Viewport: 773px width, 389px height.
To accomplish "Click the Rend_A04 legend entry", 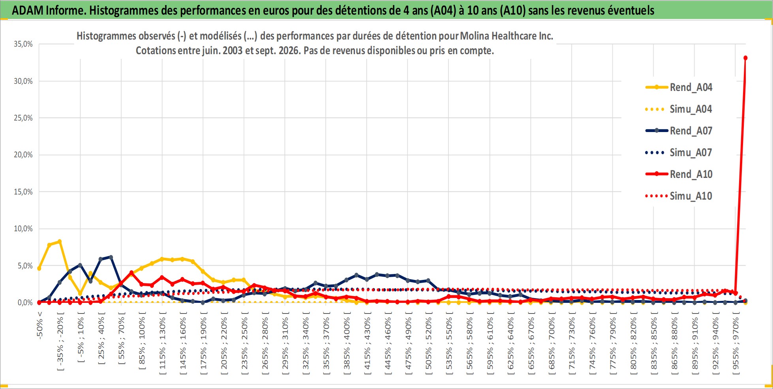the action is [x=679, y=87].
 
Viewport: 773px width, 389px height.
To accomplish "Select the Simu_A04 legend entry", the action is [x=679, y=109].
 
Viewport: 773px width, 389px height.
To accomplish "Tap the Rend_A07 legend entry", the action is [x=679, y=131].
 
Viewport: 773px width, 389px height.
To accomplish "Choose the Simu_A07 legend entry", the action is [x=679, y=153].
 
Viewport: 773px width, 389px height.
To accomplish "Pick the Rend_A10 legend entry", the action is [x=679, y=174].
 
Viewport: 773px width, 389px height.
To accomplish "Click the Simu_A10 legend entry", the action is [x=679, y=196].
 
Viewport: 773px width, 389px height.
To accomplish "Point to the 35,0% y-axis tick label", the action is [x=23, y=44].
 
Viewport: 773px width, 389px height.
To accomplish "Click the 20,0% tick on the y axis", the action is [x=23, y=155].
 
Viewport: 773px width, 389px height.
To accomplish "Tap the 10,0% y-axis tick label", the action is [x=23, y=228].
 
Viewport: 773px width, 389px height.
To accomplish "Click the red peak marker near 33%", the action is [x=745, y=58].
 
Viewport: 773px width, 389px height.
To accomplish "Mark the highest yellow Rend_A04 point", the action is [x=60, y=242].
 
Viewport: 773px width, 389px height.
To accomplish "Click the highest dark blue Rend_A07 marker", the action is [x=111, y=257].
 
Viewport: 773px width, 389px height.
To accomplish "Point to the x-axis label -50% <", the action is [x=39, y=325].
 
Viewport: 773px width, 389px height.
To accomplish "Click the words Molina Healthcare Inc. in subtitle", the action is [x=507, y=36].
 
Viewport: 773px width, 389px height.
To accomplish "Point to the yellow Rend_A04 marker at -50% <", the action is [x=39, y=268].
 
